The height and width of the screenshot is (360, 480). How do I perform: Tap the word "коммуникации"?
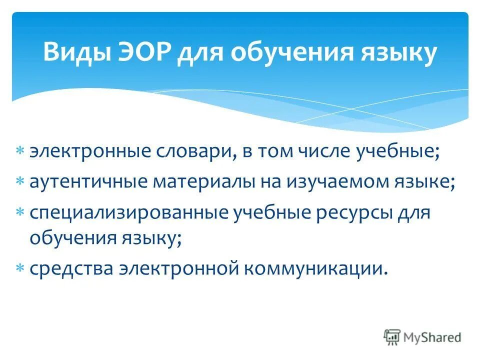(x=315, y=268)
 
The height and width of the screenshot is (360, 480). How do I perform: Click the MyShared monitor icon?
(x=392, y=336)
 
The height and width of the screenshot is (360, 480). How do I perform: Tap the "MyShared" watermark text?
(x=432, y=337)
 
